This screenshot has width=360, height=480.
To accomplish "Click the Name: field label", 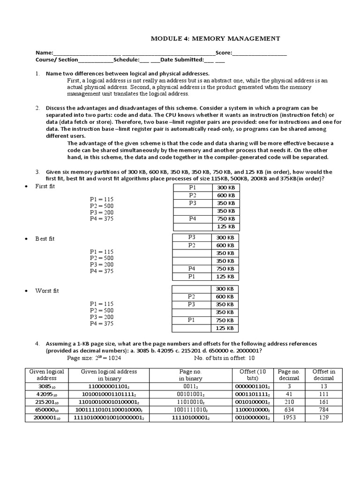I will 45,53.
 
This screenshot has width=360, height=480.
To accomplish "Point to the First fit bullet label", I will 45,186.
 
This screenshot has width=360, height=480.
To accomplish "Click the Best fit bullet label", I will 45,239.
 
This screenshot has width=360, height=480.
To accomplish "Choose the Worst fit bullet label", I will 47,291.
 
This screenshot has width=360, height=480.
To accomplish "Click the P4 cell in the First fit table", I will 193,218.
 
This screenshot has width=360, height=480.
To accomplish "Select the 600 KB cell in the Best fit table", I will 225,245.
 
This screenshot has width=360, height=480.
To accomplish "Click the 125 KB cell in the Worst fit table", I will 225,328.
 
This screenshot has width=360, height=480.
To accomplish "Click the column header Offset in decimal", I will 324,375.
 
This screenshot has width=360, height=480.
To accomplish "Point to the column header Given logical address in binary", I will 109,375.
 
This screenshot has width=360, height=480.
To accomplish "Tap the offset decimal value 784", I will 324,409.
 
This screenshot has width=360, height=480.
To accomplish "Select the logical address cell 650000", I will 46,409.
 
